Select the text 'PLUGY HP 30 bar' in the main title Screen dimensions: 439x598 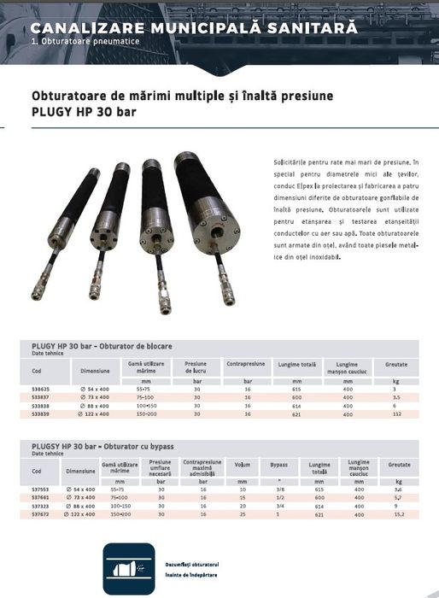(83, 112)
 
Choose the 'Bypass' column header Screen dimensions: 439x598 (279, 466)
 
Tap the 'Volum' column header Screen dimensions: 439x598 (243, 466)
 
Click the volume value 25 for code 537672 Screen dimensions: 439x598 (243, 514)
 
